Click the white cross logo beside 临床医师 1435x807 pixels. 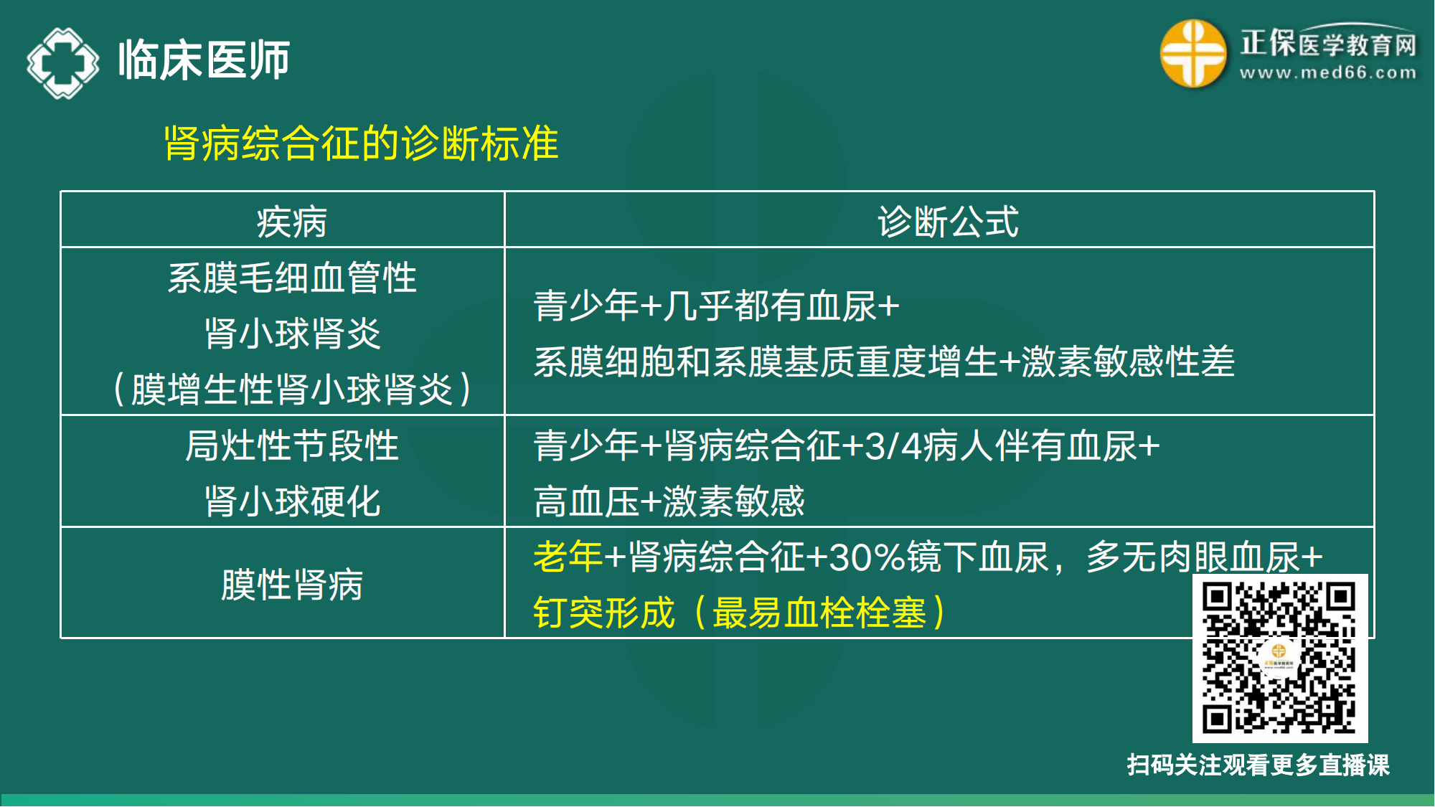tap(62, 62)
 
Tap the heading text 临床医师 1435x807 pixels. tap(204, 60)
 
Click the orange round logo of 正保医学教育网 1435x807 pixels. tap(1192, 53)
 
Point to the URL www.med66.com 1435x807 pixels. tap(1328, 72)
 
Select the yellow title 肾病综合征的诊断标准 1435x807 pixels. tap(361, 143)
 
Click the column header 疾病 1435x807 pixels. tap(291, 222)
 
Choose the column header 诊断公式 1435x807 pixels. tap(948, 222)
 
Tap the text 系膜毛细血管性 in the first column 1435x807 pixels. tap(291, 278)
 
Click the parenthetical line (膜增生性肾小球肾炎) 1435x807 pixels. tap(291, 390)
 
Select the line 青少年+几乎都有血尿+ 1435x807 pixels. tap(716, 306)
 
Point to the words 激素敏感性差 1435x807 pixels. tap(1128, 362)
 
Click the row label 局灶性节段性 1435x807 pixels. tap(291, 445)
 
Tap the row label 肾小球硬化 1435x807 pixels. tap(291, 501)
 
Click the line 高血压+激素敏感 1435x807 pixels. tap(669, 501)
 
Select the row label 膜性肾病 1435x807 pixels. tap(291, 585)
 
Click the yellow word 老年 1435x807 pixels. tap(568, 557)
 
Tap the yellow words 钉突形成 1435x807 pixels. tap(604, 613)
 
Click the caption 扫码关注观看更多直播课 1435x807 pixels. tap(1258, 765)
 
